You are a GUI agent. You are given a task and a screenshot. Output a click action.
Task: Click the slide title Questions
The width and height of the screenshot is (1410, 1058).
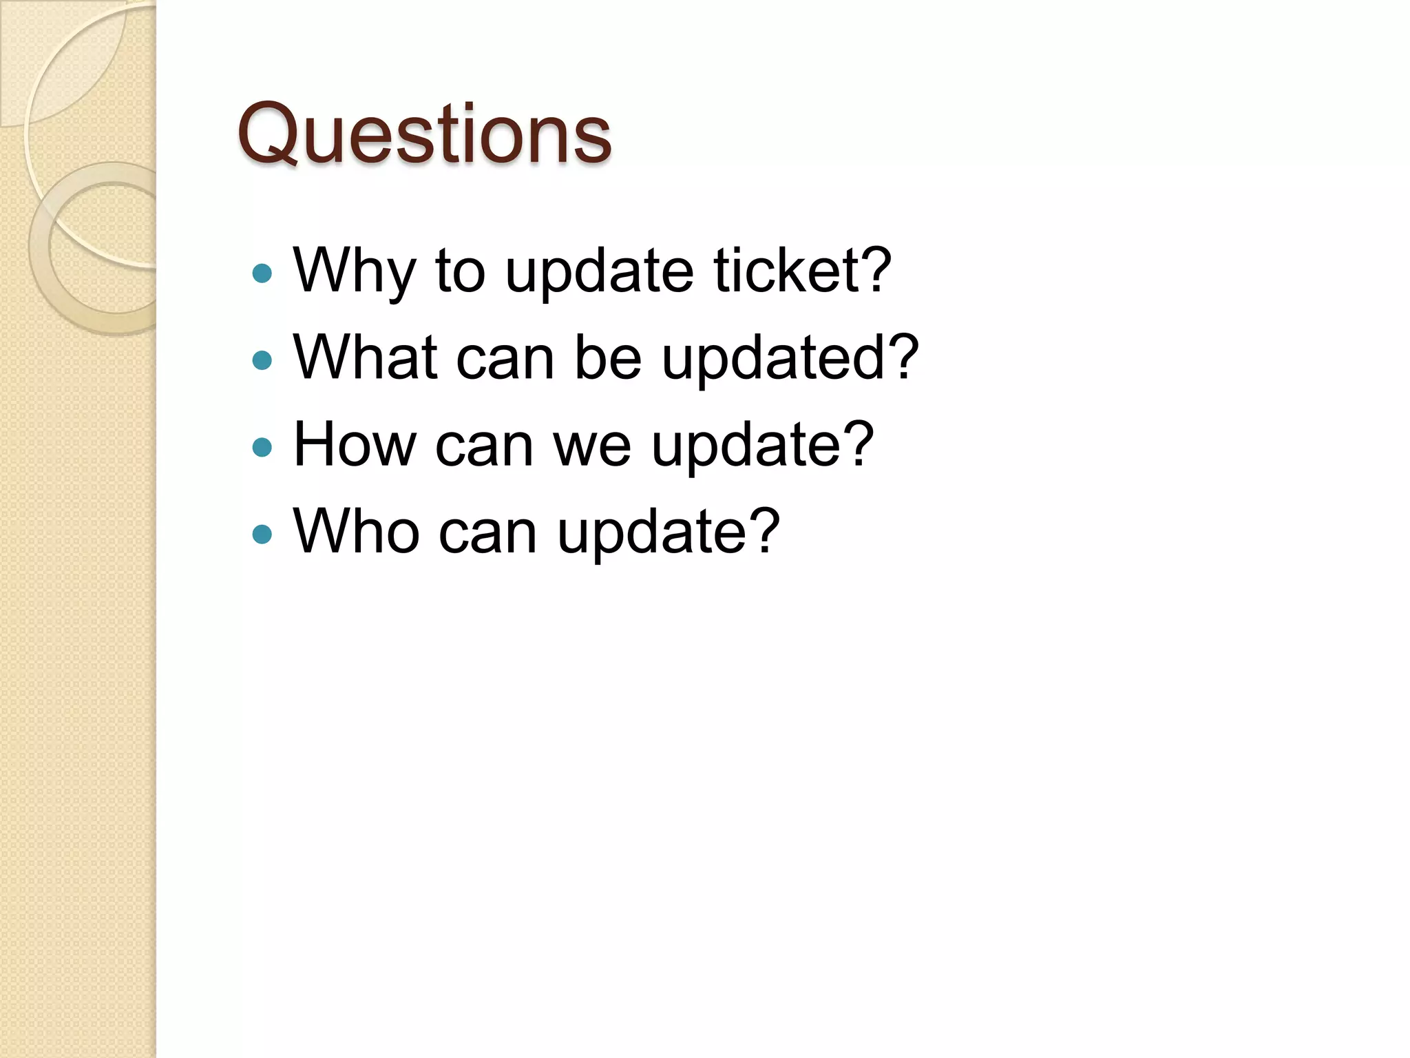[424, 134]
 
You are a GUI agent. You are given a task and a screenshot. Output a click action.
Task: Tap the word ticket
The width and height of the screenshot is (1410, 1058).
[786, 270]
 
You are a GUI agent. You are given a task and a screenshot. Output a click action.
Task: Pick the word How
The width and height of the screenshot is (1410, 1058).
[355, 444]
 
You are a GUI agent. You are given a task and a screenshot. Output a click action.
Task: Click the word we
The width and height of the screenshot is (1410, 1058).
[592, 446]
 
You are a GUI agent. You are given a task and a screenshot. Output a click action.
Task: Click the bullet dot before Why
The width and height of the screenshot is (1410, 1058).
[262, 273]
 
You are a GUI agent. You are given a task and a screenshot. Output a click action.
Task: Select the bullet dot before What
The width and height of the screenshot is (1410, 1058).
[262, 360]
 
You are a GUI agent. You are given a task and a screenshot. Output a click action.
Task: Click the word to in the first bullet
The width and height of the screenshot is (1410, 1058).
[460, 271]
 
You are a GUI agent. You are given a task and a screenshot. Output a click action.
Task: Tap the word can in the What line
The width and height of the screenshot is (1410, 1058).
[505, 358]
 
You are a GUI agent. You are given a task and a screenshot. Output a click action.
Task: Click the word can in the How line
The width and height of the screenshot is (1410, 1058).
[484, 446]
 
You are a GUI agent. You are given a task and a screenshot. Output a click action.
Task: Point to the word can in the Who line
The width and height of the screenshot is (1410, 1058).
[487, 532]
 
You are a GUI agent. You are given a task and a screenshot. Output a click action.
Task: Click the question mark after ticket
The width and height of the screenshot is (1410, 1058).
[875, 270]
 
